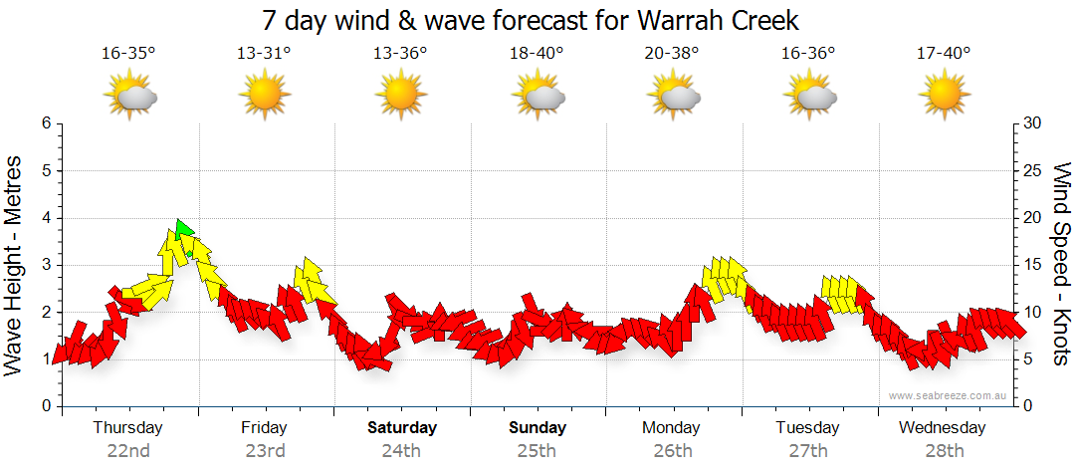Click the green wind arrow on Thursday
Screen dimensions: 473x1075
click(182, 230)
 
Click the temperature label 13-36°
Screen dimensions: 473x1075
click(400, 53)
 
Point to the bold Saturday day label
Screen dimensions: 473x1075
click(401, 428)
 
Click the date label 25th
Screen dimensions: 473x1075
click(537, 450)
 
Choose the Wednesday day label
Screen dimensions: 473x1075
click(942, 428)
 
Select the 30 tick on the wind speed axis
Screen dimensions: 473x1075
click(1031, 123)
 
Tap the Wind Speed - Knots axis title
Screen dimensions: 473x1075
click(1061, 264)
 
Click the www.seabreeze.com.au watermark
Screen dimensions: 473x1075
click(949, 395)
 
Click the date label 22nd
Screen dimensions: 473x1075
click(128, 450)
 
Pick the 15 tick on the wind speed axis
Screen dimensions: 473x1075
click(1031, 265)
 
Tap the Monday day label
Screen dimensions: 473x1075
click(672, 428)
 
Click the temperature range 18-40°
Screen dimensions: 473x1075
click(537, 53)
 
